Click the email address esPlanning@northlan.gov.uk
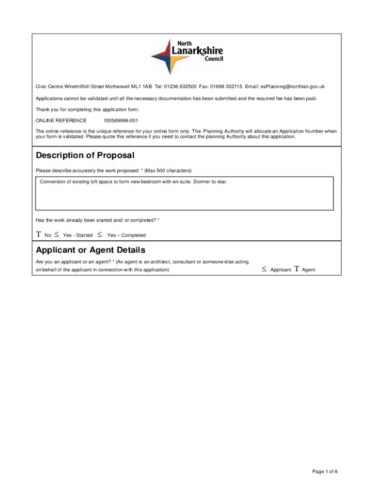(x=292, y=86)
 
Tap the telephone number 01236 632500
(x=180, y=86)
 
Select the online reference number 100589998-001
(x=121, y=120)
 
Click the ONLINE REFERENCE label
(x=61, y=120)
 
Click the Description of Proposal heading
(x=85, y=156)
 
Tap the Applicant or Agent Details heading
(x=91, y=250)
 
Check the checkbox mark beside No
(x=39, y=235)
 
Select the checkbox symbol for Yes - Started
(x=57, y=235)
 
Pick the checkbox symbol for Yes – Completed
(x=99, y=235)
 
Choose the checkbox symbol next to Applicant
(x=264, y=269)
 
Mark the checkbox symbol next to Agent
(x=296, y=269)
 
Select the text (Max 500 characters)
(x=168, y=170)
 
